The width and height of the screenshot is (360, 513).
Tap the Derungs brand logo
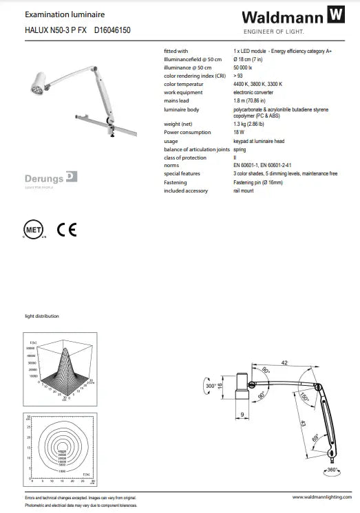pos(52,179)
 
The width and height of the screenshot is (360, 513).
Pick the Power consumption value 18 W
pos(239,131)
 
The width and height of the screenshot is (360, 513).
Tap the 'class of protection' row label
pos(186,157)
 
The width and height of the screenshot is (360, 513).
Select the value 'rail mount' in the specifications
pos(244,190)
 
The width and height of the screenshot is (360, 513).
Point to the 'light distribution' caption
pos(42,316)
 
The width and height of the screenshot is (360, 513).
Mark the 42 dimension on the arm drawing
pos(284,363)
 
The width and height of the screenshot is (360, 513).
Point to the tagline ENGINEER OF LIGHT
pos(273,32)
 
